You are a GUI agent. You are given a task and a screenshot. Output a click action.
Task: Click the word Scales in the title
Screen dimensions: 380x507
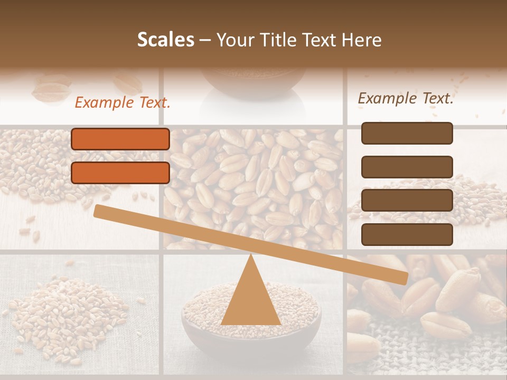pyautogui.click(x=165, y=40)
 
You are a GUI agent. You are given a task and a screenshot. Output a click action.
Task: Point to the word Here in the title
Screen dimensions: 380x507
pyautogui.click(x=362, y=40)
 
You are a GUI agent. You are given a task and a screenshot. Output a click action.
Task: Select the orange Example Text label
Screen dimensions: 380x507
pyautogui.click(x=123, y=103)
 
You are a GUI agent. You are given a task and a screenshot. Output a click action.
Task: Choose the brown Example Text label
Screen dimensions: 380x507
pyautogui.click(x=406, y=98)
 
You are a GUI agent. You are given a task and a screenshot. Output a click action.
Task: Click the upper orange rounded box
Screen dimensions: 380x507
pyautogui.click(x=120, y=139)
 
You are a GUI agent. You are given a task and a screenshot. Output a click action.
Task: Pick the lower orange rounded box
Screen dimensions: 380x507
pyautogui.click(x=120, y=173)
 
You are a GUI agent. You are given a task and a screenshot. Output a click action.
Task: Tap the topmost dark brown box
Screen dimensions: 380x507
pyautogui.click(x=407, y=133)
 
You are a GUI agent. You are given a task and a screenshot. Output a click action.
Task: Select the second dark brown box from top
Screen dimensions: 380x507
pyautogui.click(x=407, y=167)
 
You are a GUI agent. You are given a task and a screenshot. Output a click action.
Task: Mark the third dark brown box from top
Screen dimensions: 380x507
pyautogui.click(x=407, y=201)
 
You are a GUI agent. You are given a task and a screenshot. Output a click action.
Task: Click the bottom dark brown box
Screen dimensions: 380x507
pyautogui.click(x=407, y=234)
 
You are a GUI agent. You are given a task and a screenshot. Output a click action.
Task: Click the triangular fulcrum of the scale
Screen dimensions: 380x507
pyautogui.click(x=251, y=301)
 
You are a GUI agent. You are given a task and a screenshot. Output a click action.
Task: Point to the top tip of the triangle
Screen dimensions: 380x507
pyautogui.click(x=251, y=257)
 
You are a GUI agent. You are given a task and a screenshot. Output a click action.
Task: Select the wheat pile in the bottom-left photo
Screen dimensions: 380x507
pyautogui.click(x=69, y=317)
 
